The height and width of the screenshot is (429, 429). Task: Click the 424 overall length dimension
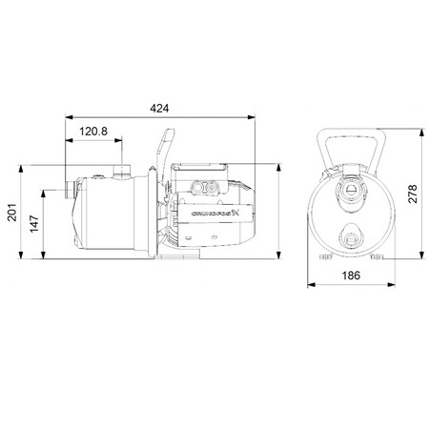click(x=159, y=109)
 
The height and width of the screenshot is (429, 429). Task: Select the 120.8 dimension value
click(x=93, y=132)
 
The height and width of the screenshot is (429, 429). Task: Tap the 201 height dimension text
click(x=12, y=213)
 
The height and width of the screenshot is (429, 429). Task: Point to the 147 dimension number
click(x=34, y=224)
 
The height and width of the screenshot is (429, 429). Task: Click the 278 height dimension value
click(x=413, y=194)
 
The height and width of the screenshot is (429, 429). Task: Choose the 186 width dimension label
click(x=351, y=276)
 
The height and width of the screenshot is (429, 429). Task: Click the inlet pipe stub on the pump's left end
click(x=70, y=190)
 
